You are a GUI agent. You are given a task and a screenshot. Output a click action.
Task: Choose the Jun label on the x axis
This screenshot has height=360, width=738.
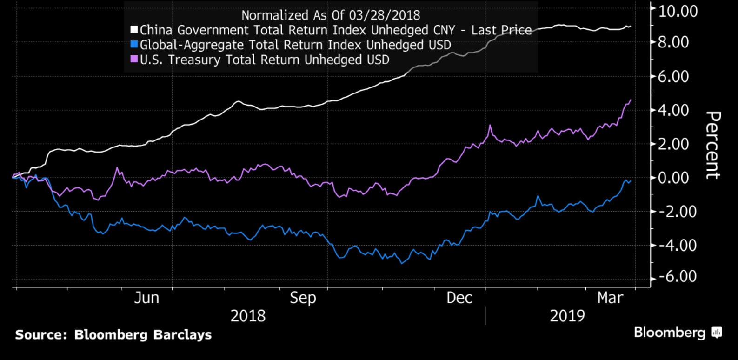tap(146, 298)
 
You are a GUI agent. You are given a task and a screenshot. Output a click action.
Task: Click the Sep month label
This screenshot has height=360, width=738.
tap(303, 298)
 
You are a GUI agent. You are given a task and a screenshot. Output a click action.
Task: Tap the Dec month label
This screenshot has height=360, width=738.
tap(459, 298)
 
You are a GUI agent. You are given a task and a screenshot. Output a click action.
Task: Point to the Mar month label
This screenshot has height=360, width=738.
tap(610, 298)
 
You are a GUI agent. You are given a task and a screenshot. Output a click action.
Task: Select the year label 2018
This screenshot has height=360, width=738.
tap(248, 316)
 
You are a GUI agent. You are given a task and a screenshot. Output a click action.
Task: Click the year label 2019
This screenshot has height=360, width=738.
tap(567, 316)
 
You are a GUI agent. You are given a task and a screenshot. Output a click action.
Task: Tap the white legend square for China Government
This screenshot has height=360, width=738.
tap(134, 30)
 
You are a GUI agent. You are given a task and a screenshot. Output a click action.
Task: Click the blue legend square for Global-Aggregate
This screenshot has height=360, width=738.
tap(134, 45)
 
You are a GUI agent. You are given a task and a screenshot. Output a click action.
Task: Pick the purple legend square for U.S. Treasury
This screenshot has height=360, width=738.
tap(134, 60)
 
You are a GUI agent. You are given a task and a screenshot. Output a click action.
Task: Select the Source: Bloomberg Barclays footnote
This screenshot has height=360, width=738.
tap(113, 335)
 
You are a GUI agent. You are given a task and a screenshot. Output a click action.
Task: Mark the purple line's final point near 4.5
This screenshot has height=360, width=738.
tap(631, 100)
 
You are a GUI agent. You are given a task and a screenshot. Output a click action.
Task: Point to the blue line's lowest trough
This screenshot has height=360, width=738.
tap(402, 263)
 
